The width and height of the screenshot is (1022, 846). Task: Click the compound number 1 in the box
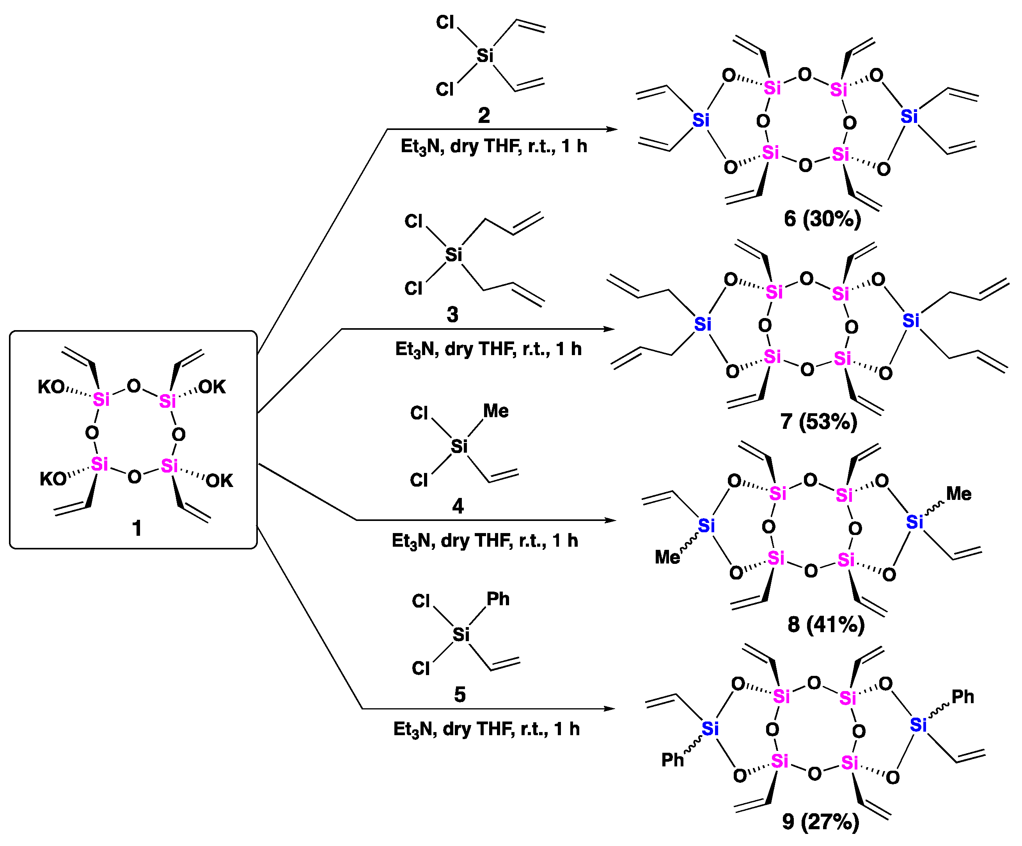coord(137,528)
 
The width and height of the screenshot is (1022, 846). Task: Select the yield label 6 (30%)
coord(822,219)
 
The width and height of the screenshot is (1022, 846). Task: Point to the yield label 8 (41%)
coord(826,624)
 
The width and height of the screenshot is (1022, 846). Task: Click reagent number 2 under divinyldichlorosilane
coord(483,116)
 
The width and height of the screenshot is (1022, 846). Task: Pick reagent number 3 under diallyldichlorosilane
coord(452,315)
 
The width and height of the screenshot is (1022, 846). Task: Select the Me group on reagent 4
coord(495,411)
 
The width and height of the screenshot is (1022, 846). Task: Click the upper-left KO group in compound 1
coord(51,387)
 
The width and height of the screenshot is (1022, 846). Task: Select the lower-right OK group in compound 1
coord(219,481)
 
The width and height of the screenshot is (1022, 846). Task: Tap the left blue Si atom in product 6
coord(701,120)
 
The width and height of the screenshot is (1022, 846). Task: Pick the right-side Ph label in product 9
coord(962,697)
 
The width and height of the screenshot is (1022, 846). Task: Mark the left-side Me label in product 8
coord(667,557)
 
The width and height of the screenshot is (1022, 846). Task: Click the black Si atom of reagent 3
coord(453,254)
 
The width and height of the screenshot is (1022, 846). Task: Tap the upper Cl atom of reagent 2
coord(444,22)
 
